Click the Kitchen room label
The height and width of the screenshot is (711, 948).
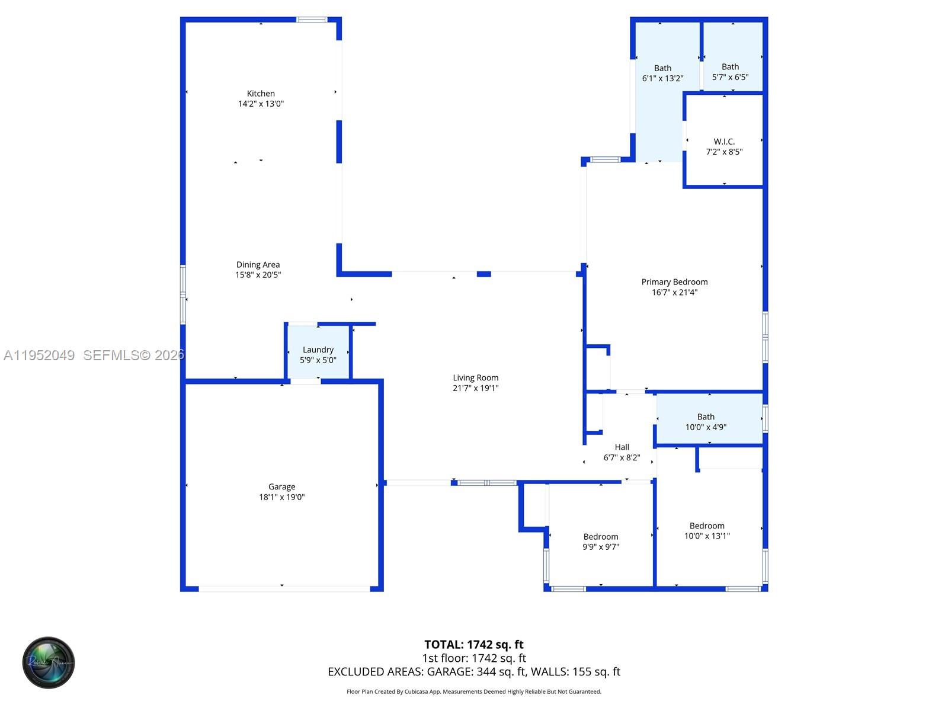click(x=261, y=94)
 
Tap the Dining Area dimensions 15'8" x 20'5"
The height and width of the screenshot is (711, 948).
click(x=258, y=275)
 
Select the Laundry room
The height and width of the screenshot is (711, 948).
click(x=318, y=354)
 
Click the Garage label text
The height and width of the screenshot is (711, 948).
click(x=281, y=487)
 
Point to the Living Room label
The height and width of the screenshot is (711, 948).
click(x=475, y=378)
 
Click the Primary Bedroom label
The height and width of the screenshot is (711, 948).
click(x=674, y=282)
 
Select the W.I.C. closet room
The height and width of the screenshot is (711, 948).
click(x=724, y=146)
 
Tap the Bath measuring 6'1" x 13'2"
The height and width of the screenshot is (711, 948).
click(x=662, y=73)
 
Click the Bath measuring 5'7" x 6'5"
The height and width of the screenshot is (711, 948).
click(x=730, y=72)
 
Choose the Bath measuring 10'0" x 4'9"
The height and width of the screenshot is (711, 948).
click(x=706, y=421)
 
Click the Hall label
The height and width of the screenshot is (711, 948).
click(x=622, y=447)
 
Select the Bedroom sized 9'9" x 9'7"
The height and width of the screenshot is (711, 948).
click(x=600, y=542)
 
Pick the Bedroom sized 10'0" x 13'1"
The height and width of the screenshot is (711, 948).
click(x=707, y=530)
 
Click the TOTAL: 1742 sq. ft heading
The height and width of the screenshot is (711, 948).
click(x=473, y=645)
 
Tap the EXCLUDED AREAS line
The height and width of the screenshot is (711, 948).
click(x=473, y=672)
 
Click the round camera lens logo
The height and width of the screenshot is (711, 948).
click(x=49, y=662)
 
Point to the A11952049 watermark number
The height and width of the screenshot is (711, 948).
click(x=39, y=355)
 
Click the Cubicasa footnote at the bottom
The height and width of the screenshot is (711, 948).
click(x=473, y=691)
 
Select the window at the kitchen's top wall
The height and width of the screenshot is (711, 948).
click(x=312, y=20)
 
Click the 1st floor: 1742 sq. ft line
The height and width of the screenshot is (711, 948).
click(x=473, y=658)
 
